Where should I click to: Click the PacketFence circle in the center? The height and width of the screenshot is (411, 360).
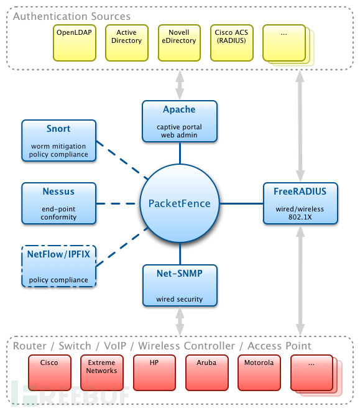coord(180,203)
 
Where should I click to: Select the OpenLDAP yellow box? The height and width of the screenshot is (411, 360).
coord(75,43)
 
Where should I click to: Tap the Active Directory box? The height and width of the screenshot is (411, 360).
coord(127,43)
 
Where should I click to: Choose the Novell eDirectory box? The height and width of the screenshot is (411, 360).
coord(179,43)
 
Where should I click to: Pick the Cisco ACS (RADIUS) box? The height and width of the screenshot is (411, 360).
coord(231,43)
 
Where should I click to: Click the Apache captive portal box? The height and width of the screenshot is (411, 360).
coord(180,121)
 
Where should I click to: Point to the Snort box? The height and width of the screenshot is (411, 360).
coord(58,141)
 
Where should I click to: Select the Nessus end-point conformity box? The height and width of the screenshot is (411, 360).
coord(58,203)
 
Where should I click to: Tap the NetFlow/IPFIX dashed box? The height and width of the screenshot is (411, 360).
coord(58,266)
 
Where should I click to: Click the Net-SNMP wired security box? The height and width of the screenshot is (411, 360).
coord(180,285)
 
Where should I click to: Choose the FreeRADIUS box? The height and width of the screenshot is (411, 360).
coord(300,203)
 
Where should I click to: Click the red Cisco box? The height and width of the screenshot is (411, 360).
coord(50,372)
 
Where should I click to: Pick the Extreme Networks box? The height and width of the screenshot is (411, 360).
coord(102,372)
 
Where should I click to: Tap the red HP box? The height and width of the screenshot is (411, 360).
coord(154,372)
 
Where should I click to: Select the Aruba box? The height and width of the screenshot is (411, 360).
coord(207,372)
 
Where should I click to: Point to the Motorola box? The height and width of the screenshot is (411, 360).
coord(259,372)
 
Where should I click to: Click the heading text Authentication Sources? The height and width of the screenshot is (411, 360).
coord(72,16)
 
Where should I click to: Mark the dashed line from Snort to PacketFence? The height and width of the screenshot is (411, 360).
coord(122,160)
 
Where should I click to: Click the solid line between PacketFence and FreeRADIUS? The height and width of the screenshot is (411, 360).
coord(241,203)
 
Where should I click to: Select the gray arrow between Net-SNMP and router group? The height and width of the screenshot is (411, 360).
coord(180,321)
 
